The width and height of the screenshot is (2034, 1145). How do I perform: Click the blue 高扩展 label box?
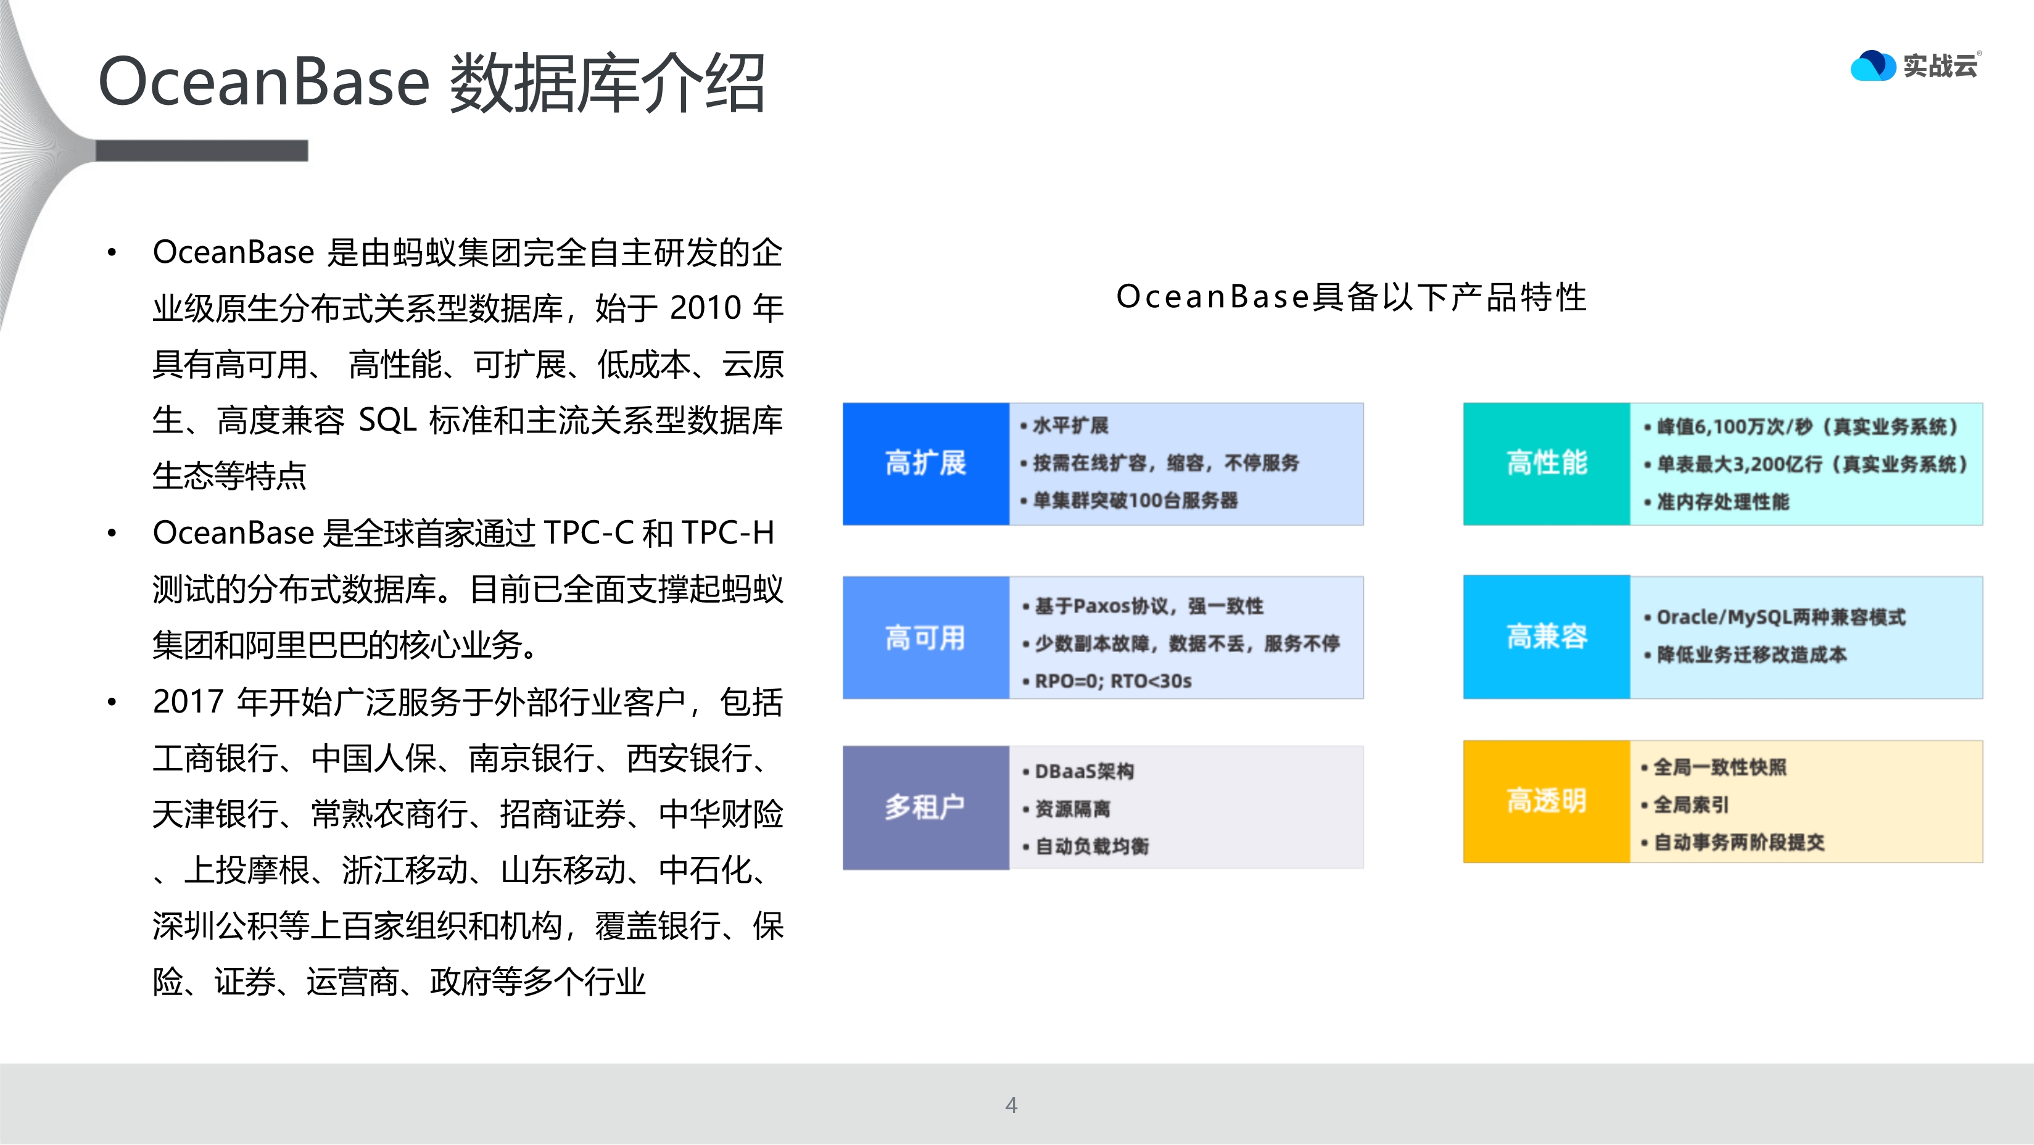pos(925,463)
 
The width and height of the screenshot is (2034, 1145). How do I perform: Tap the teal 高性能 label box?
pos(1546,463)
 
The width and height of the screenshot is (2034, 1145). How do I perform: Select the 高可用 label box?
pos(925,637)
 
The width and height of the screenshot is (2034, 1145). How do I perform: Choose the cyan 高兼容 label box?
pos(1546,637)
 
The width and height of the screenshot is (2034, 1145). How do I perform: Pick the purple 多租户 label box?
pos(925,807)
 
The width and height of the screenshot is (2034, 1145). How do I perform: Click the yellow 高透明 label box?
pos(1546,801)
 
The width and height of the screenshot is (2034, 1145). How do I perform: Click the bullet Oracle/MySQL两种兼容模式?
pos(1780,617)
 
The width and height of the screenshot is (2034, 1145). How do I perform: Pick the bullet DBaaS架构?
pos(1083,772)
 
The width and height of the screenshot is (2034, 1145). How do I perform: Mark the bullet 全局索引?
pos(1690,804)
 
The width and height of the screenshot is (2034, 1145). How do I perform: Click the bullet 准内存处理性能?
pos(1722,502)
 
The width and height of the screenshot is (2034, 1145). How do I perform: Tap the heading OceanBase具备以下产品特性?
pos(1351,298)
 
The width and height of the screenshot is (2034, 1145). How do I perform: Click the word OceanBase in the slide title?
pos(263,82)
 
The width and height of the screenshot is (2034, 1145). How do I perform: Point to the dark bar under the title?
pos(201,151)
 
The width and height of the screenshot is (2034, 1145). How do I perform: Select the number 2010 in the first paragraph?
pos(705,308)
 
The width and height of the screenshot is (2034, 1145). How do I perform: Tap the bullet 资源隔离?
pos(1072,809)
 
